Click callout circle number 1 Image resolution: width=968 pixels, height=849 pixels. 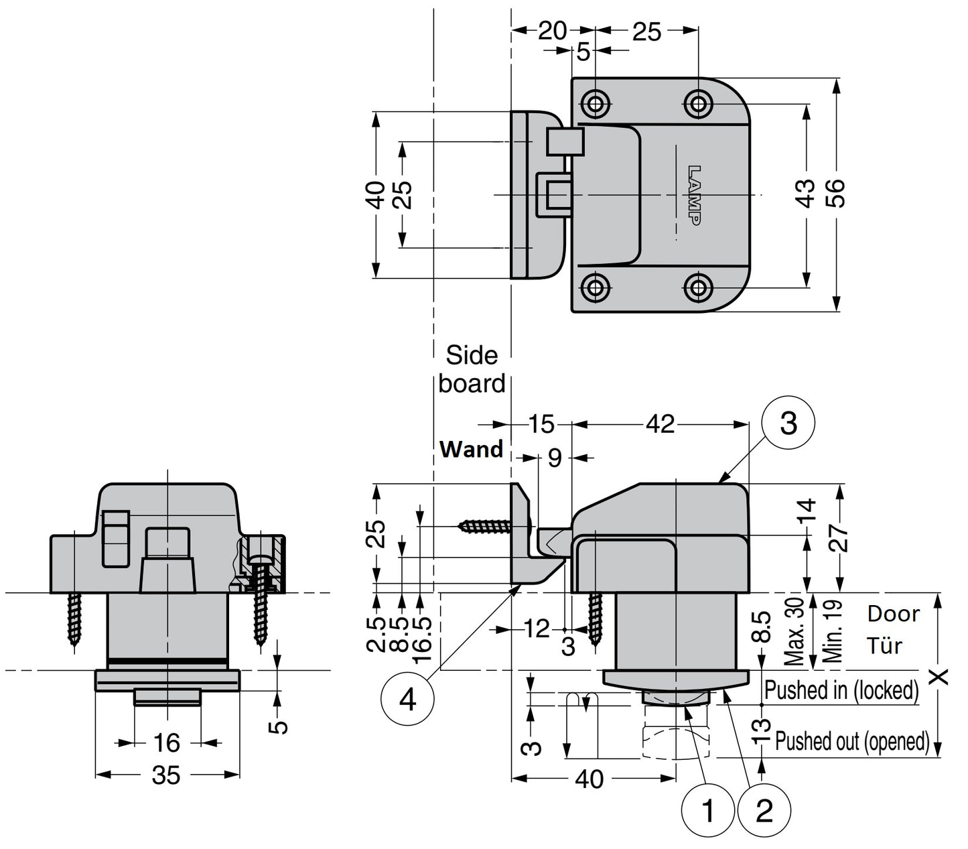pos(708,811)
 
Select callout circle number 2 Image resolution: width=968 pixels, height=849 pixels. pos(764,811)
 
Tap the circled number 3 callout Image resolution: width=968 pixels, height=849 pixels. pos(788,423)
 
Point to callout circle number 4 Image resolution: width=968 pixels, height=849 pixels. pos(407,700)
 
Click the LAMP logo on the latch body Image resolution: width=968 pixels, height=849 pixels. pos(695,195)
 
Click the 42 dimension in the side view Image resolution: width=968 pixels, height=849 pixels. pos(660,423)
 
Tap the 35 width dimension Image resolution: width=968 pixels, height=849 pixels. pos(166,775)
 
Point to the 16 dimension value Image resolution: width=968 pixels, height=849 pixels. pos(166,742)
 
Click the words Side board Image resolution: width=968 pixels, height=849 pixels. pos(472,369)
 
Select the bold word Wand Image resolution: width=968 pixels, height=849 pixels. pos(471,449)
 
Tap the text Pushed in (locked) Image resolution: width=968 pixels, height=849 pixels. pos(841,690)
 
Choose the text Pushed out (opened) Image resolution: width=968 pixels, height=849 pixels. pos(852,741)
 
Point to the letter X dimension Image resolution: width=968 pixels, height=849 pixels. pos(941,677)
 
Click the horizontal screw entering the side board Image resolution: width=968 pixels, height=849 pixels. pos(488,527)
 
